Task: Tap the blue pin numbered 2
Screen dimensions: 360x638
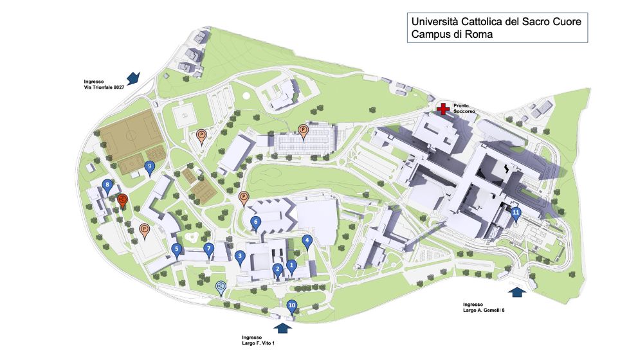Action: click(277, 269)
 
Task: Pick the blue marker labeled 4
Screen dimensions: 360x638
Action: click(307, 242)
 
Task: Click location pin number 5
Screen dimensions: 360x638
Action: click(176, 250)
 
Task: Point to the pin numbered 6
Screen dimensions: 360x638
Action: click(255, 223)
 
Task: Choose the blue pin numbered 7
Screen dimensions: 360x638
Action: click(208, 249)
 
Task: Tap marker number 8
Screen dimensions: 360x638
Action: click(108, 186)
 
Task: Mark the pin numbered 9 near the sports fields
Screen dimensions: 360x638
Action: click(150, 166)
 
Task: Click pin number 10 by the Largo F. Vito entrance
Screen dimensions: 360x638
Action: click(292, 307)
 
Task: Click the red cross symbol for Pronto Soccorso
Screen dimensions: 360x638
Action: click(442, 109)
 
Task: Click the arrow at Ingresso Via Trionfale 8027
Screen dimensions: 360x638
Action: click(133, 78)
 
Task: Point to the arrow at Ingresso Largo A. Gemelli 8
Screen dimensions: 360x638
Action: click(516, 292)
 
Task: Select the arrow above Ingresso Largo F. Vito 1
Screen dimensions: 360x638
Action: click(282, 327)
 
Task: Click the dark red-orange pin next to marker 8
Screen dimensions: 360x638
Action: click(122, 201)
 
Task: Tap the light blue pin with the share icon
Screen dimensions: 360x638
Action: click(221, 287)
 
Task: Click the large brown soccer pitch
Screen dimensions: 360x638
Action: click(128, 136)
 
